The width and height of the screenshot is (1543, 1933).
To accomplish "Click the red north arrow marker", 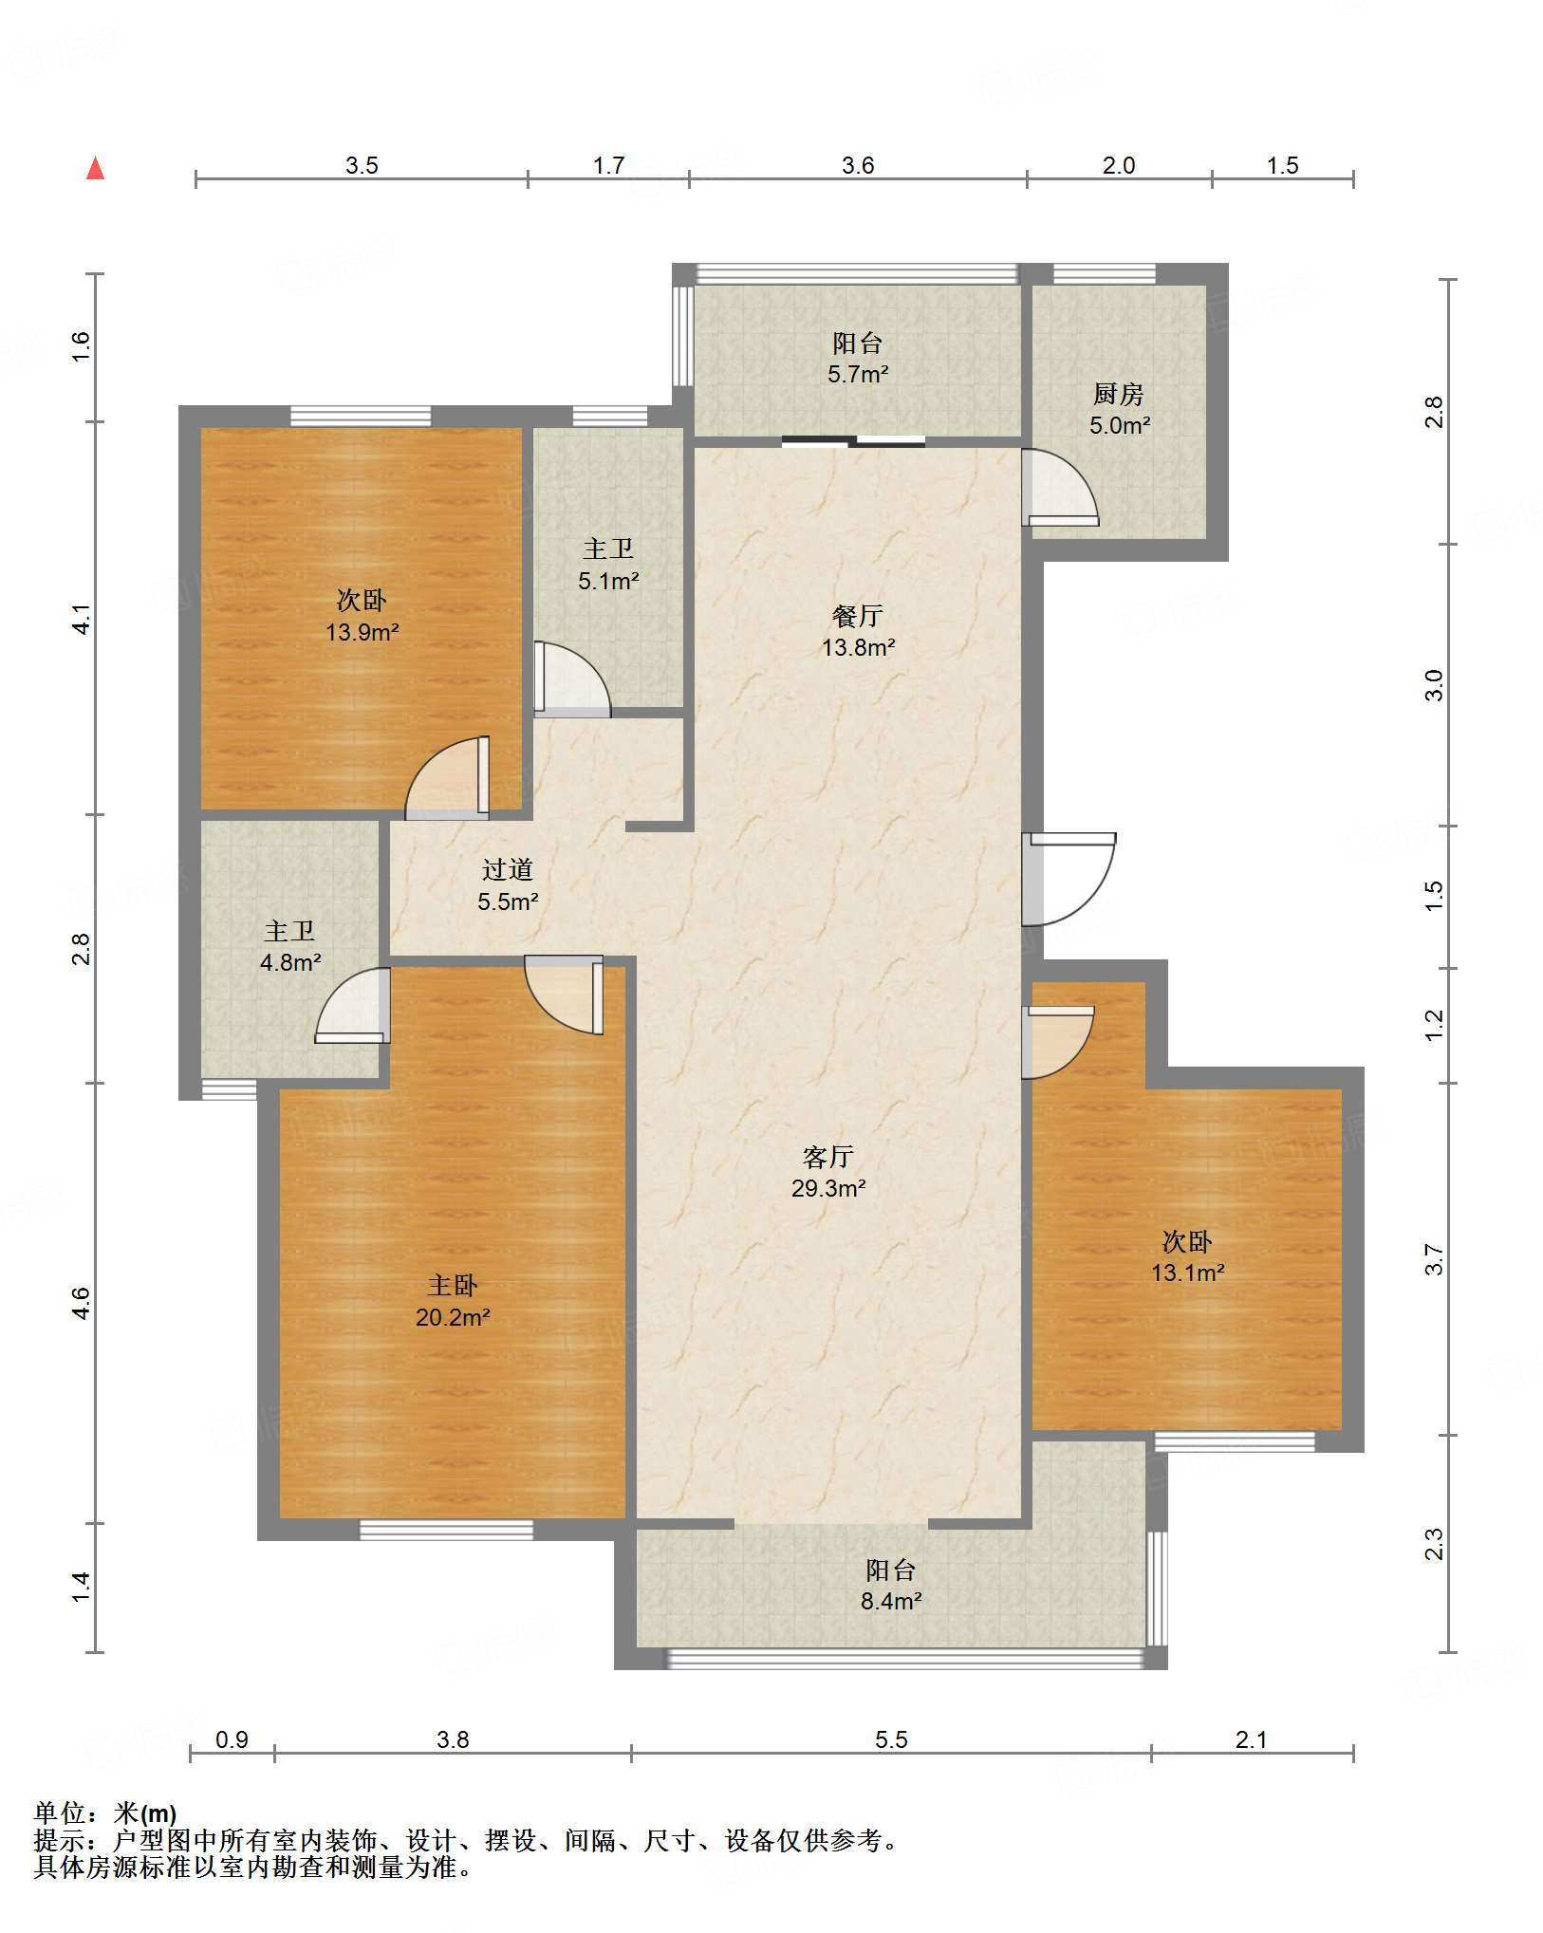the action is [x=96, y=168].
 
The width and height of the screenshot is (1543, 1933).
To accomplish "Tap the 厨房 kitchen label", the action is [x=1119, y=393].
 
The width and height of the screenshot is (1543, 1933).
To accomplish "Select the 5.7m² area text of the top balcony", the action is [x=858, y=374].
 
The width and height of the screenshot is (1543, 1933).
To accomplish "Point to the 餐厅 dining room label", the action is [x=858, y=616].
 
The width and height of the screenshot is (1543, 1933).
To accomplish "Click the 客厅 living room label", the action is [x=828, y=1157].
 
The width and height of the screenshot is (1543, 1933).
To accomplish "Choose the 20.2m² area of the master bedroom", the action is [x=453, y=1317].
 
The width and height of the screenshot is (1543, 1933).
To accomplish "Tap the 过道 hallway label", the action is [x=508, y=869].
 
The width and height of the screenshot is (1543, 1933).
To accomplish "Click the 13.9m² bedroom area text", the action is [x=362, y=632].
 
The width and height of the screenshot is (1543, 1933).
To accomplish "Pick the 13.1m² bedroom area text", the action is [x=1188, y=1273].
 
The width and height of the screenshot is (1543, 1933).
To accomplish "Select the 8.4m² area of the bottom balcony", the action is [x=892, y=1602].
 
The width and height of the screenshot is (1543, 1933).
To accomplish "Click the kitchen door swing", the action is [x=1060, y=488].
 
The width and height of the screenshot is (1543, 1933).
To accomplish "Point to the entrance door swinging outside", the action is [x=1069, y=880].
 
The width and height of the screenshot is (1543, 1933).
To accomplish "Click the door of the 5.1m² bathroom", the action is [x=572, y=678].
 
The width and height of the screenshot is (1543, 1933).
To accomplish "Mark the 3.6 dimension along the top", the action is [x=858, y=165].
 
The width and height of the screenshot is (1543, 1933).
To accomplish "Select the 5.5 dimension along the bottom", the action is [x=891, y=1739].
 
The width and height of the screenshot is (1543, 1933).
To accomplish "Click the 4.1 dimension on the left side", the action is [x=82, y=619].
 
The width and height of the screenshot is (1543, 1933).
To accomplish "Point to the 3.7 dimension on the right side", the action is [x=1434, y=1259].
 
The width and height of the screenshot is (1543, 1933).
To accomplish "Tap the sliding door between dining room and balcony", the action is [x=853, y=440].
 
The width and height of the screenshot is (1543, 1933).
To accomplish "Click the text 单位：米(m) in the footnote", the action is [x=105, y=1813].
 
